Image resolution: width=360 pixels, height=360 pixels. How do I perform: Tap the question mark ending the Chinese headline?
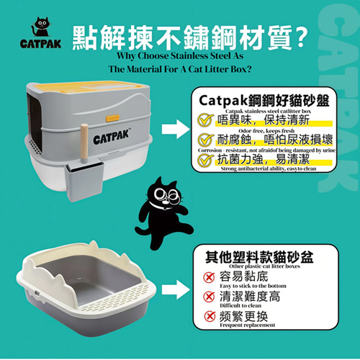[296, 37]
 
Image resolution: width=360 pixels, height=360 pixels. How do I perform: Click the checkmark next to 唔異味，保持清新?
[207, 120]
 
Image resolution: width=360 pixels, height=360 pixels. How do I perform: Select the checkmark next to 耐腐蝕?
[207, 140]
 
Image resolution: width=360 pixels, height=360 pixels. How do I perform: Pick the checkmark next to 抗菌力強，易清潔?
[207, 159]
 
